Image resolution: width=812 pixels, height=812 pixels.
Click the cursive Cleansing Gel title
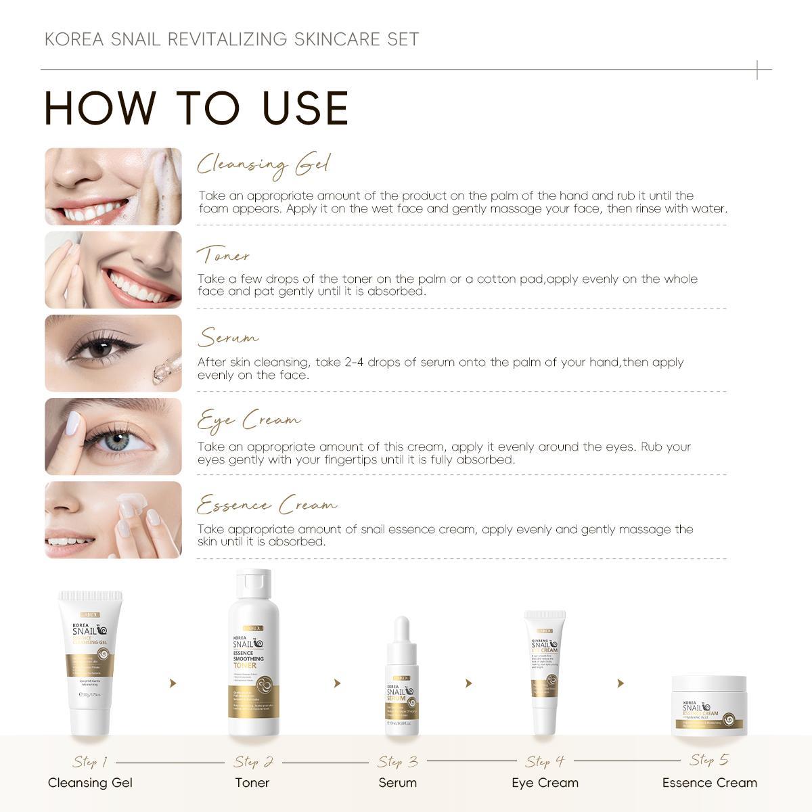click(263, 165)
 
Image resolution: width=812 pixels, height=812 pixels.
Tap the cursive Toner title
click(223, 256)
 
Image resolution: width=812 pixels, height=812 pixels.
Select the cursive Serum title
click(228, 338)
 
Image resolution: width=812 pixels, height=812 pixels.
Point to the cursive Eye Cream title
click(248, 421)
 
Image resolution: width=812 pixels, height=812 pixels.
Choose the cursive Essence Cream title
click(267, 505)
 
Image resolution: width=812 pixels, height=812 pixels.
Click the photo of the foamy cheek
click(114, 187)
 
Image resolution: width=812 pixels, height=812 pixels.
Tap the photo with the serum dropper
click(114, 353)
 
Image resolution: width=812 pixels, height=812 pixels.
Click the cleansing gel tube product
click(90, 663)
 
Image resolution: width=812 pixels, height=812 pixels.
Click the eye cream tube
click(545, 670)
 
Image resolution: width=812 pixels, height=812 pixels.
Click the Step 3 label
click(398, 762)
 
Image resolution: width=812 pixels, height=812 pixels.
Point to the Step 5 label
click(709, 760)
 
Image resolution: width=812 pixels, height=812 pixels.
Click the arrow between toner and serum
click(337, 683)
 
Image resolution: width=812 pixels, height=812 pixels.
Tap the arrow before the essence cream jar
click(621, 683)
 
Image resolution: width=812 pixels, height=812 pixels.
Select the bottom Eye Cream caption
click(545, 783)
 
